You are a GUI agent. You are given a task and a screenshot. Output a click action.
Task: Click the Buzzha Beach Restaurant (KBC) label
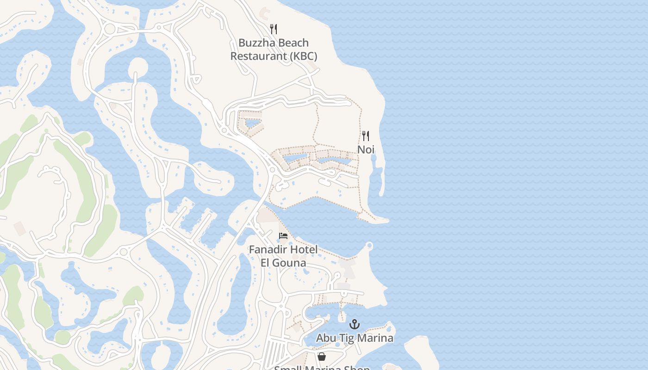[274, 49]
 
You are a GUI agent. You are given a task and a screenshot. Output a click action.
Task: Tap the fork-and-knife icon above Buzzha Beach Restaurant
[274, 29]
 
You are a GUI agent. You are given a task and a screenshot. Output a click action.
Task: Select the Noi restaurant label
[366, 150]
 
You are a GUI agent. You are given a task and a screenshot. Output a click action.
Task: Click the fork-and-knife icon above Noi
[366, 136]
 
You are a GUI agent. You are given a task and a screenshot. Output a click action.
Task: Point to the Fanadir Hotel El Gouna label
[283, 256]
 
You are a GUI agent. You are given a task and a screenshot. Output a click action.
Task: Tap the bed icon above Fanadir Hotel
[283, 236]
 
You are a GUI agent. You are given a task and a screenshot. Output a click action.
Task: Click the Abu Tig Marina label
[355, 338]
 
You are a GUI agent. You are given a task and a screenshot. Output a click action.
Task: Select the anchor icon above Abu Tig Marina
[355, 324]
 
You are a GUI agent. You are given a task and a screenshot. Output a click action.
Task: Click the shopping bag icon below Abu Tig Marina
[322, 357]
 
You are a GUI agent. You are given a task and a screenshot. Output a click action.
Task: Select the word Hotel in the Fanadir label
[302, 250]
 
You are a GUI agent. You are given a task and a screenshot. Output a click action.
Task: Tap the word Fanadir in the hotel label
[267, 250]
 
